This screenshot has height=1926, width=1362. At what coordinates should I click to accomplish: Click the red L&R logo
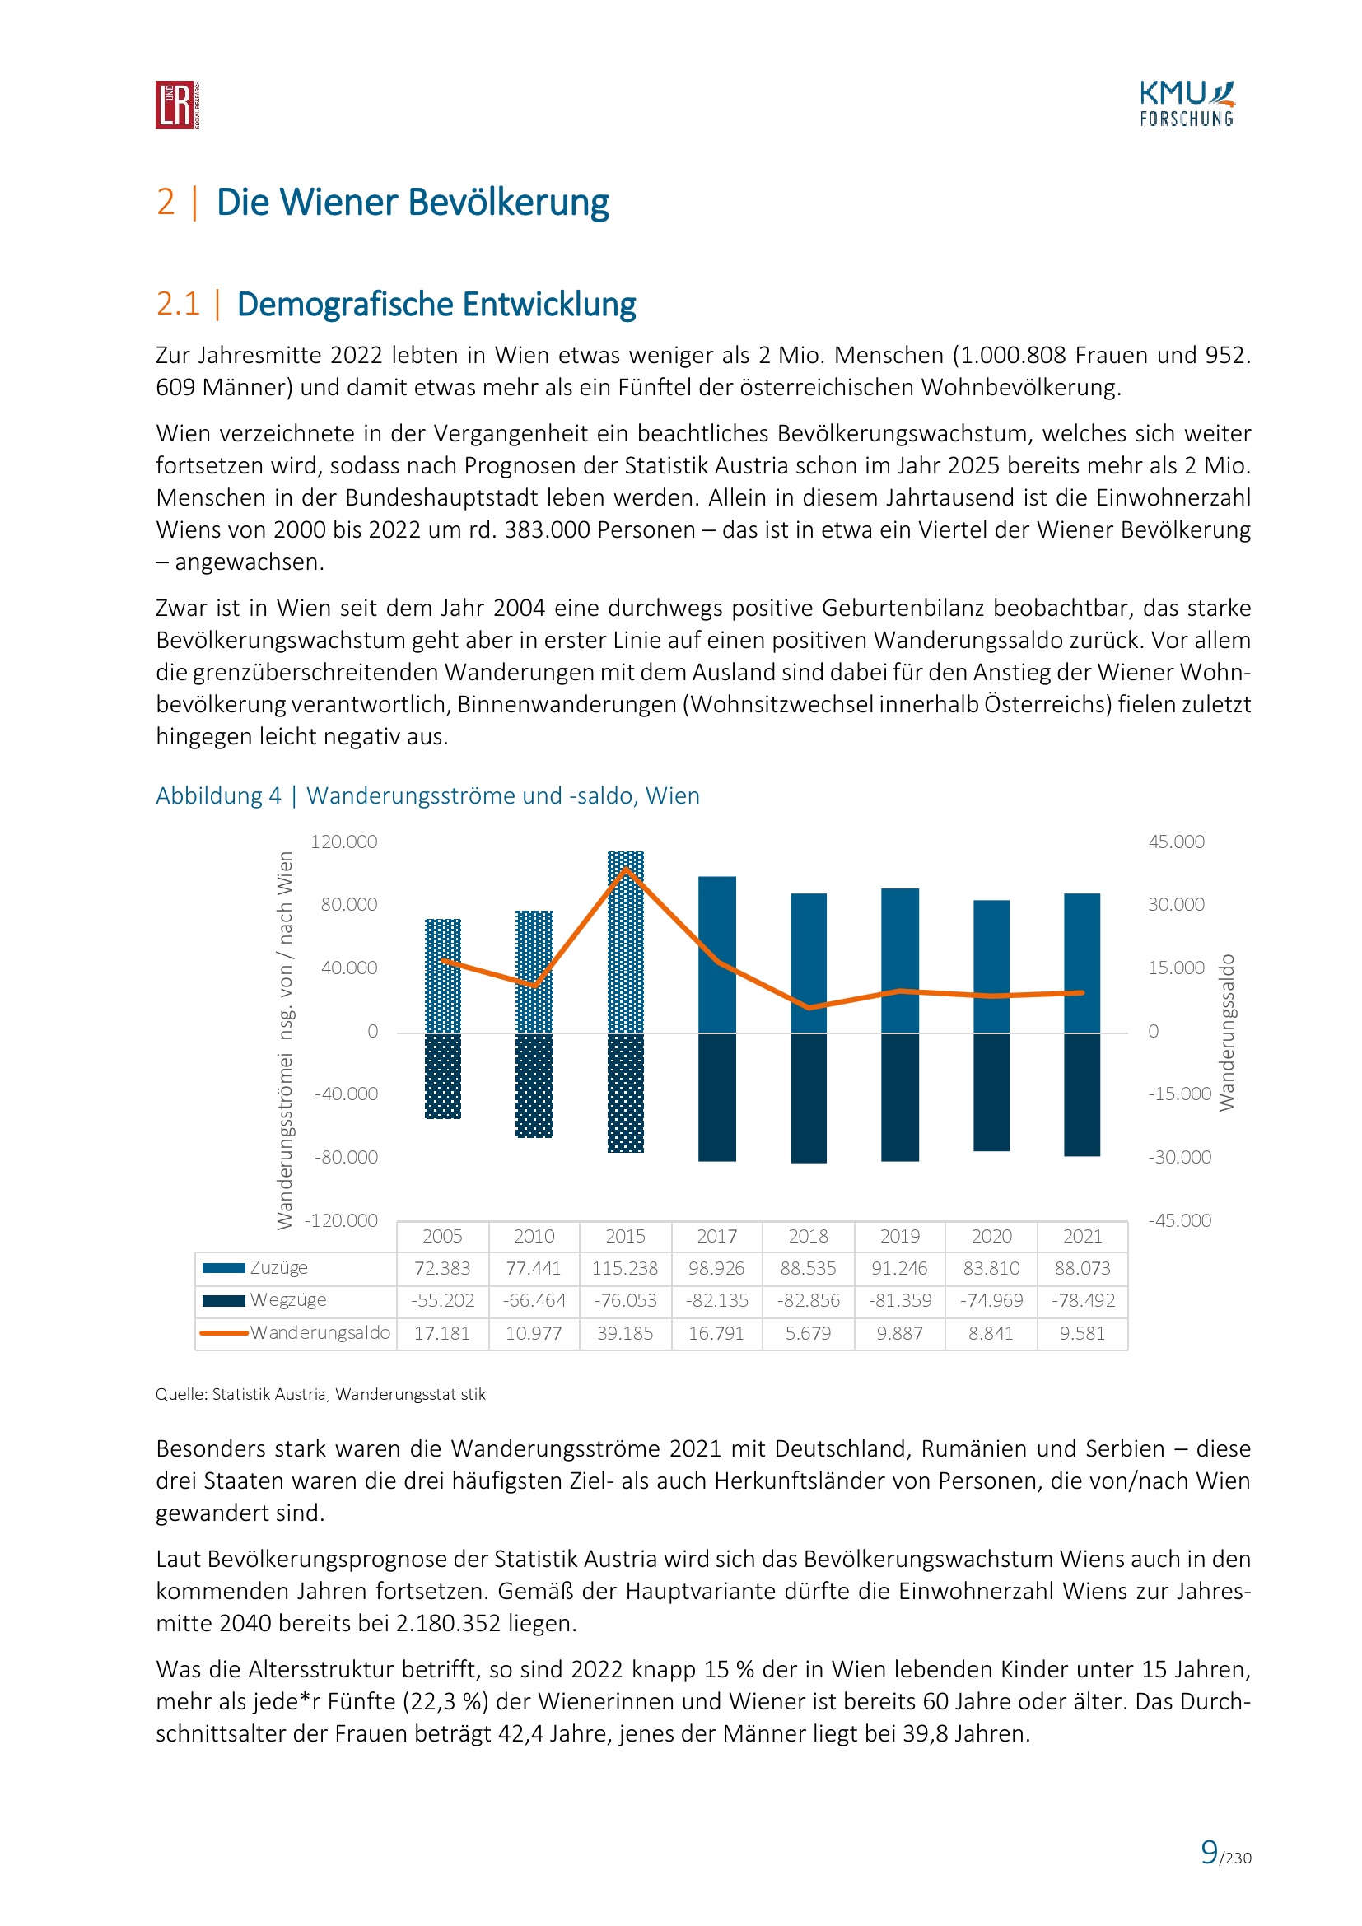177,105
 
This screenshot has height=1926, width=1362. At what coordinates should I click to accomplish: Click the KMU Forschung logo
1187,104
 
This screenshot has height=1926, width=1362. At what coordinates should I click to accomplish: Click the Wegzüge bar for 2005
443,1075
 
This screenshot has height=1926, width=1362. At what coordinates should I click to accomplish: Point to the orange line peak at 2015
626,869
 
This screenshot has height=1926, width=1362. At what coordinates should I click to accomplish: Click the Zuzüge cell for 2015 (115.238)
626,1268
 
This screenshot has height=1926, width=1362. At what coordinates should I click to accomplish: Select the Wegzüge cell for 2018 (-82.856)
809,1300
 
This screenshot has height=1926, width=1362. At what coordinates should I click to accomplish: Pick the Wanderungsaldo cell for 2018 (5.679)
809,1333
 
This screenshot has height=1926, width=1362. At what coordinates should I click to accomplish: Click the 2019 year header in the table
900,1236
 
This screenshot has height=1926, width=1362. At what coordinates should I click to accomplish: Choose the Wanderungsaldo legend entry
320,1333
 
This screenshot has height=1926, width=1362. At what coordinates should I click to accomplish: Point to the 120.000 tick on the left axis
344,842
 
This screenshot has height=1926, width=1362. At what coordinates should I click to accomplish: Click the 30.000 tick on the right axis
1176,904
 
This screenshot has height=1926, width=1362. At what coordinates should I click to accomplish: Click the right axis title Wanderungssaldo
1226,1032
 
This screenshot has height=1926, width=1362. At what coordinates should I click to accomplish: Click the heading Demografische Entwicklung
436,304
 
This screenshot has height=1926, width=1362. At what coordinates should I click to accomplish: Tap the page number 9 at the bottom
1210,1852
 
